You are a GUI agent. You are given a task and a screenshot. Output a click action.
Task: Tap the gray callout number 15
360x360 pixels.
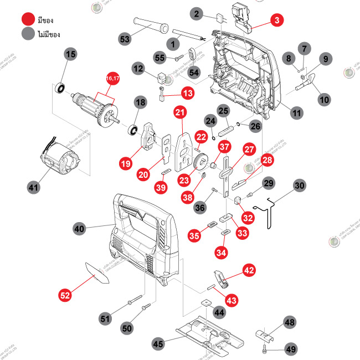coord(70,54)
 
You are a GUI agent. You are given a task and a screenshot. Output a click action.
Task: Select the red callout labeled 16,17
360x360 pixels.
coord(112,80)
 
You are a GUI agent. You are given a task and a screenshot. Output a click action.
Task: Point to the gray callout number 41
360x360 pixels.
coord(34,188)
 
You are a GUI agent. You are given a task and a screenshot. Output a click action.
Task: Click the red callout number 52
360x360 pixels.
coord(65,296)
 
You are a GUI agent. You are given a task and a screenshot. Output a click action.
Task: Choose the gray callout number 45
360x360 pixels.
coord(158,344)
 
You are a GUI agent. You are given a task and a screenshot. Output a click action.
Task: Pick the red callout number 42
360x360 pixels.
coord(249,271)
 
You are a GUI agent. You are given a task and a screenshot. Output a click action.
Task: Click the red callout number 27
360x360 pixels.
coord(250,150)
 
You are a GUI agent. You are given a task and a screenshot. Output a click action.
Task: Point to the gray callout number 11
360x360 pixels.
coord(297,112)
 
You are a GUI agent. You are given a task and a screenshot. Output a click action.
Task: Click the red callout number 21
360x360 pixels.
coord(179,112)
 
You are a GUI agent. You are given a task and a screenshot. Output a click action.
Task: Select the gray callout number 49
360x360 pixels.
coord(290,349)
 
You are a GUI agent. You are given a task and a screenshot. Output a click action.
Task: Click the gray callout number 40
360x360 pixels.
coord(80,228)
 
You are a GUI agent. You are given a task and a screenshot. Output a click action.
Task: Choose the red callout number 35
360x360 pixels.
coord(194,236)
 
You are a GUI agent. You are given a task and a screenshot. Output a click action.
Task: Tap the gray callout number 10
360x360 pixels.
coord(324,100)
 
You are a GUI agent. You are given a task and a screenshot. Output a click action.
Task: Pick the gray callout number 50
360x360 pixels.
coord(127,328)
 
